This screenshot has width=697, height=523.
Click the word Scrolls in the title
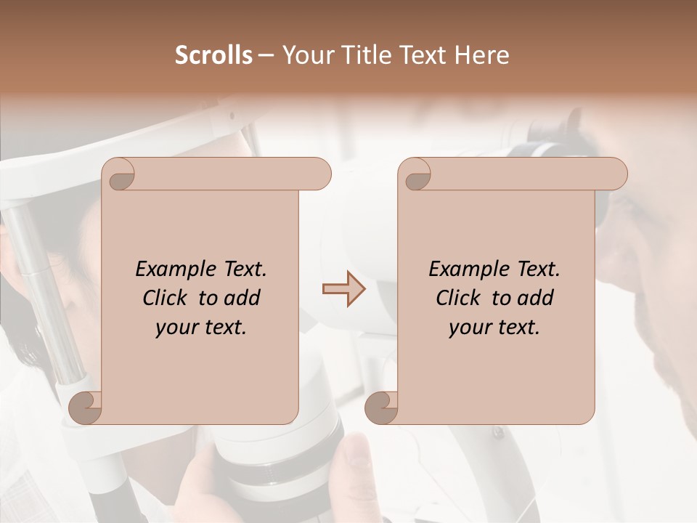[x=213, y=55]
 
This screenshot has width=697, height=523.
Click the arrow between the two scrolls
[x=344, y=289]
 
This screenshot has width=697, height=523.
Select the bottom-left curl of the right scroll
[x=382, y=408]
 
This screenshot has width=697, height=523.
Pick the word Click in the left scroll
[x=166, y=299]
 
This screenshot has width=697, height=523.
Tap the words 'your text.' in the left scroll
[x=201, y=328]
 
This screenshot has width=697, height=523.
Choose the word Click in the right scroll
[x=459, y=299]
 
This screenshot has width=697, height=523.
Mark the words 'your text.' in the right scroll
[x=494, y=328]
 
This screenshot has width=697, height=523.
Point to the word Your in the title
[x=306, y=55]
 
